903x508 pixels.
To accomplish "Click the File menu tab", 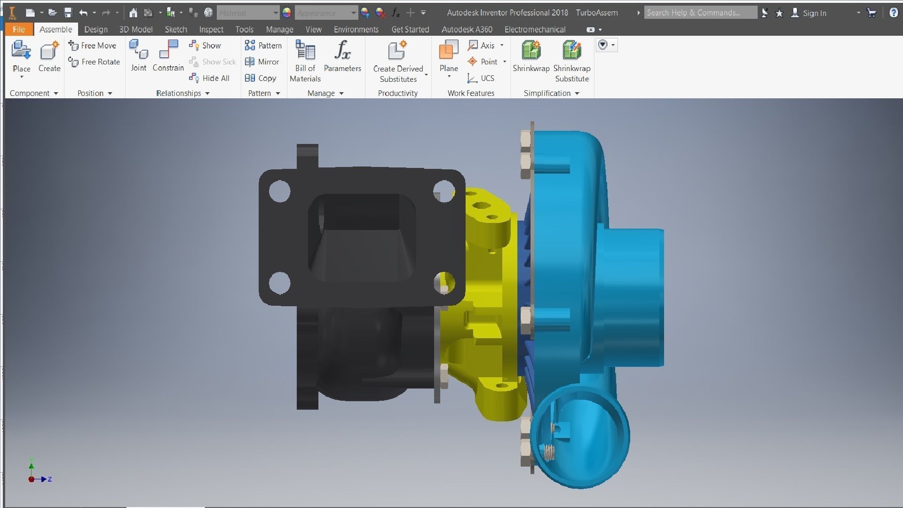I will click(x=19, y=29).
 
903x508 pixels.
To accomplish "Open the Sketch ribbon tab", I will click(x=176, y=29).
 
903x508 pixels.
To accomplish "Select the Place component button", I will click(x=21, y=56).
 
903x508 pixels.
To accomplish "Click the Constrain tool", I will click(x=168, y=56).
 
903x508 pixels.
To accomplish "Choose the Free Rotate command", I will click(x=94, y=62).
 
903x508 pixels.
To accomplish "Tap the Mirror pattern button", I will click(x=262, y=62).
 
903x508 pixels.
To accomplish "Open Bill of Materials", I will click(x=305, y=61).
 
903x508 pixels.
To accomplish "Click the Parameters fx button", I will click(x=342, y=56).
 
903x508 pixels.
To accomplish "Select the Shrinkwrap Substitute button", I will click(x=571, y=61).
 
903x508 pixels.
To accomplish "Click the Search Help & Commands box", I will click(x=700, y=13).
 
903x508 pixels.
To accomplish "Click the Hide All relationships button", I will click(x=210, y=78).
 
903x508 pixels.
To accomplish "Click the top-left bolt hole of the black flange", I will click(x=279, y=191).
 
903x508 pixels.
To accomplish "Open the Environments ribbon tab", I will click(x=356, y=29).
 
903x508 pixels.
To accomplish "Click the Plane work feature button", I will click(x=449, y=56).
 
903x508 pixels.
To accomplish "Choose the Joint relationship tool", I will click(x=139, y=56).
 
